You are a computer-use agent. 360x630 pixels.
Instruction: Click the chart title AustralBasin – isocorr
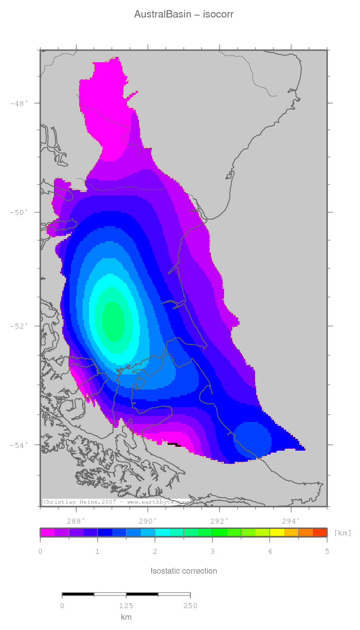(x=184, y=15)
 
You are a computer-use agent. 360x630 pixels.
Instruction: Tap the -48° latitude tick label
(x=19, y=103)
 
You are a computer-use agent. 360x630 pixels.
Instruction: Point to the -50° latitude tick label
(x=19, y=212)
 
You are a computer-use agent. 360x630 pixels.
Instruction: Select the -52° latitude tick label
(x=19, y=326)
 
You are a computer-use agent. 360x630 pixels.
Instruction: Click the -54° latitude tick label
(x=19, y=445)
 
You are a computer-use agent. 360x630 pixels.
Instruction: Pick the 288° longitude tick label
(x=76, y=520)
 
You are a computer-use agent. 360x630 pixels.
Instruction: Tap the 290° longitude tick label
(x=148, y=520)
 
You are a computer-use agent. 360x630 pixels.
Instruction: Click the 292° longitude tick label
(x=220, y=520)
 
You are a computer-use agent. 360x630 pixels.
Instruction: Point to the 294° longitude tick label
(x=291, y=520)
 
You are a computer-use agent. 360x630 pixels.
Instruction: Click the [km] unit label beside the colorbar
(x=343, y=533)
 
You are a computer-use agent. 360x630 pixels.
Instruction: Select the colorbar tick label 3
(x=212, y=551)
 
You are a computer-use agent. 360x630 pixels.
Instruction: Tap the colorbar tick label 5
(x=327, y=551)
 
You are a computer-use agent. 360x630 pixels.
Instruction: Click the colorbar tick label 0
(x=40, y=551)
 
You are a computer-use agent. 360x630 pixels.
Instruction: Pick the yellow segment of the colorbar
(x=277, y=532)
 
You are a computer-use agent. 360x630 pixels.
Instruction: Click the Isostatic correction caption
(x=184, y=571)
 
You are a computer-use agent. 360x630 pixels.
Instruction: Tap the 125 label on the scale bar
(x=126, y=606)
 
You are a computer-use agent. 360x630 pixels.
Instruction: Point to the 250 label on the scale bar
(x=190, y=606)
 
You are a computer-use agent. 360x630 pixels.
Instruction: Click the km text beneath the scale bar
(x=126, y=617)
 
